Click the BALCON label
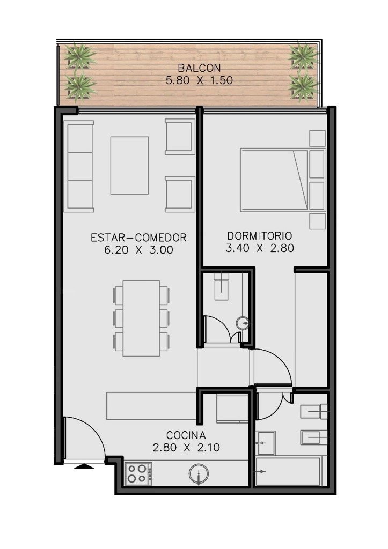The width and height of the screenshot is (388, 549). [x=199, y=68]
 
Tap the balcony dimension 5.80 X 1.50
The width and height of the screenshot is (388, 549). [x=199, y=80]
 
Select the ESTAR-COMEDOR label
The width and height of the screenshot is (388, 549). [x=138, y=238]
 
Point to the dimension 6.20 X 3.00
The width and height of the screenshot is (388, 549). [x=138, y=250]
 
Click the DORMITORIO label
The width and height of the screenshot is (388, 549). [x=260, y=235]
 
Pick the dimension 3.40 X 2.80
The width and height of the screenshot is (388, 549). [x=260, y=248]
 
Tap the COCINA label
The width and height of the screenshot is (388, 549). [x=186, y=435]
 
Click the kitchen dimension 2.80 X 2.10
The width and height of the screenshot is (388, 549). [x=186, y=448]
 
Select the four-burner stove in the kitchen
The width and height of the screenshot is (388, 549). [x=139, y=473]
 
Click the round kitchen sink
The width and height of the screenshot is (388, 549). [x=199, y=474]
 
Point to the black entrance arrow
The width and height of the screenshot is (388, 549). [x=84, y=466]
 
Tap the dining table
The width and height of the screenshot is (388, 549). [x=141, y=318]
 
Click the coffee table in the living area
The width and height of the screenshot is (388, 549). [x=129, y=165]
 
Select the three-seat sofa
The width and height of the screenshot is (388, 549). [x=78, y=166]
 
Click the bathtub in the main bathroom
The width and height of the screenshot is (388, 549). [x=289, y=471]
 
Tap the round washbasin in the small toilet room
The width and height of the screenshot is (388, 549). [x=243, y=323]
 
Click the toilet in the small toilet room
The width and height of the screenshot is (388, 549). [x=222, y=286]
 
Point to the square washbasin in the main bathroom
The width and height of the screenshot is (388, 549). [x=266, y=443]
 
